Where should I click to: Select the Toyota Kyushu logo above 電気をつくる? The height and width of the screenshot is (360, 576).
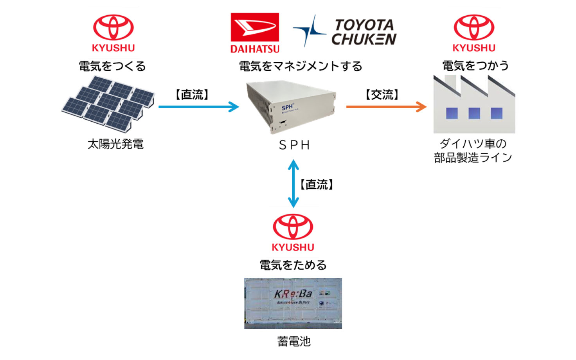[113, 33]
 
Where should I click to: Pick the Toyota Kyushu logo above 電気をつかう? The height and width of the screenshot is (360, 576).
[474, 33]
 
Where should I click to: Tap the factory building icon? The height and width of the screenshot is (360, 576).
[474, 105]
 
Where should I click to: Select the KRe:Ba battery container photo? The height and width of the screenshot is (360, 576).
[293, 303]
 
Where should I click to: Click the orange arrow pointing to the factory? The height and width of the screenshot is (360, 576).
[386, 106]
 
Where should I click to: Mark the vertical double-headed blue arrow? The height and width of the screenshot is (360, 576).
[293, 183]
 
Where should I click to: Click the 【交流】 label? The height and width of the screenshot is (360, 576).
[382, 95]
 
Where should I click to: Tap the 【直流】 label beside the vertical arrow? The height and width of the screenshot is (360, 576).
[317, 184]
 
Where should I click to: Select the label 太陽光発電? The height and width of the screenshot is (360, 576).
[115, 144]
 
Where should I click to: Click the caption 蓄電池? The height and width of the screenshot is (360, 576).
[294, 342]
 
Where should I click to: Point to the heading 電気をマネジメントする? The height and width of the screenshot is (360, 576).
[301, 66]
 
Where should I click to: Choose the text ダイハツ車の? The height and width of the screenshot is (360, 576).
[473, 144]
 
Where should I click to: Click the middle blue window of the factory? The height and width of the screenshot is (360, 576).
[474, 113]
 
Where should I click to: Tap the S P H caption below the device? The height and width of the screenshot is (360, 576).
[294, 145]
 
